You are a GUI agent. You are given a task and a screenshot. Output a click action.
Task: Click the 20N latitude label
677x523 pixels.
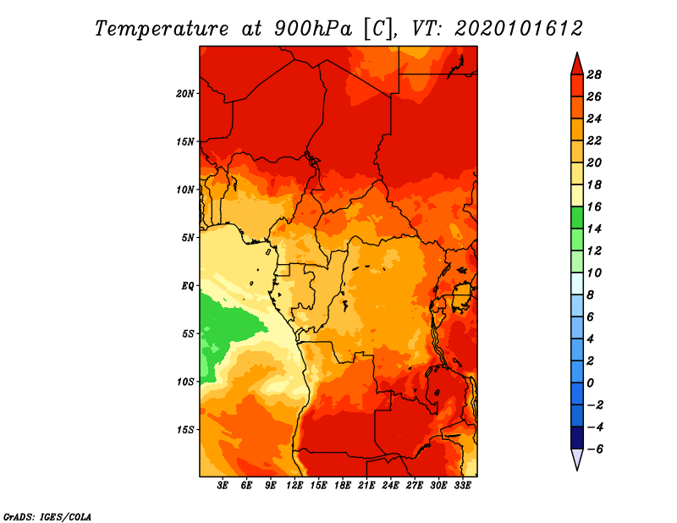point(184,93)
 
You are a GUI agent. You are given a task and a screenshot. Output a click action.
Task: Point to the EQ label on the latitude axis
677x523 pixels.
point(188,286)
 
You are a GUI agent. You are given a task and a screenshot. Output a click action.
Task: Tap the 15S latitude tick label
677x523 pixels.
point(184,430)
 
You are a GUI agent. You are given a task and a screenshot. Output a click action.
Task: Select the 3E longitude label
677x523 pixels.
point(223,485)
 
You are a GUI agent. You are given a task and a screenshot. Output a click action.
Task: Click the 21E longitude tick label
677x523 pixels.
point(366,485)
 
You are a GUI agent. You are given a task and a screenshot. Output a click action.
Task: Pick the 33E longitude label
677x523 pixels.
point(462,485)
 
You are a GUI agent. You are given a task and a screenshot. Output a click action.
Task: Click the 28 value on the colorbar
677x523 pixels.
point(594,74)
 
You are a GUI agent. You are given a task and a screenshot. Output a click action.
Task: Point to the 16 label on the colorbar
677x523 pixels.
point(594,206)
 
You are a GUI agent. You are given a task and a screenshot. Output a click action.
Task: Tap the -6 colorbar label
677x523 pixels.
point(594,449)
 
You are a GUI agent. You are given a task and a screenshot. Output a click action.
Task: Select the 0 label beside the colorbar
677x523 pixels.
point(590,383)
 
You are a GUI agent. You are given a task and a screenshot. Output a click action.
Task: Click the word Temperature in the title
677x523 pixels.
point(162,29)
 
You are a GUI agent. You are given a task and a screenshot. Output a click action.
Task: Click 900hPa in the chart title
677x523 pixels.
point(312,29)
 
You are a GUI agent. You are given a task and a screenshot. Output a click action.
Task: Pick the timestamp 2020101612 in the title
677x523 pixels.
point(519,29)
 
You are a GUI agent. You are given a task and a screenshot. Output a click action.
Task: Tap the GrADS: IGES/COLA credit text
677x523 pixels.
point(47,517)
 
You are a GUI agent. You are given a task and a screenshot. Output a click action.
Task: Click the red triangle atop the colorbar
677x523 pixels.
point(577,64)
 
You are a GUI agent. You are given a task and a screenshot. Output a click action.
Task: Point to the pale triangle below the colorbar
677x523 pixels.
point(577,460)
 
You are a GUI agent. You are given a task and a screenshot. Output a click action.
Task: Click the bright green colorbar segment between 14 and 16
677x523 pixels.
point(577,217)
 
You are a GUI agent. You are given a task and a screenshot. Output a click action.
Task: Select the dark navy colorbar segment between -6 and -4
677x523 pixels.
point(577,438)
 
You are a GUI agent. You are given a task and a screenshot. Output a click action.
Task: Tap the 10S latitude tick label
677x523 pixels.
point(184,382)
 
